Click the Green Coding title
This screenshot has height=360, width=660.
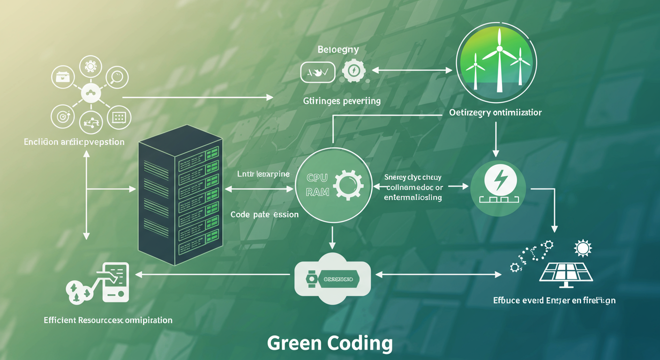coord(330,343)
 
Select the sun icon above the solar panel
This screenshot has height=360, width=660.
coord(583,247)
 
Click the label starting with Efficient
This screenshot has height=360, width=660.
coord(108,320)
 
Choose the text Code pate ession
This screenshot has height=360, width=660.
coord(264,214)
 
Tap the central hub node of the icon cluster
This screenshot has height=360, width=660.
coord(90,94)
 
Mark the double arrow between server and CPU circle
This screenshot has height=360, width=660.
coord(259,189)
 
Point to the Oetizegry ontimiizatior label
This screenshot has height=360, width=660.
coord(495,112)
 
